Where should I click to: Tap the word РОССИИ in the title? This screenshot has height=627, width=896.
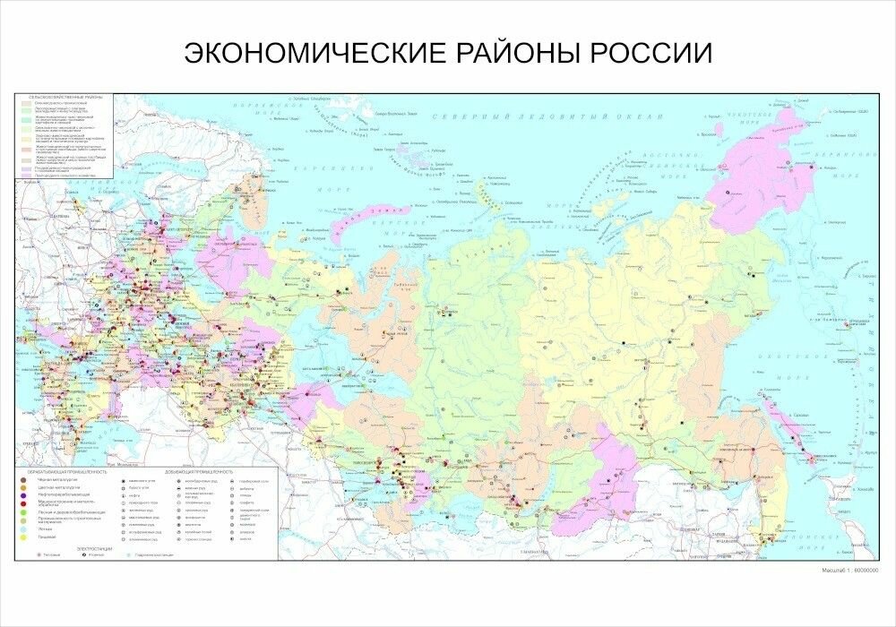click(650, 53)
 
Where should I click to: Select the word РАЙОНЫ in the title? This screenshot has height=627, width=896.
click(514, 53)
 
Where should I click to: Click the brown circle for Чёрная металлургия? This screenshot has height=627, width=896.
click(23, 480)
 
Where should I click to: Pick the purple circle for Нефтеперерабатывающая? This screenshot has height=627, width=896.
click(23, 495)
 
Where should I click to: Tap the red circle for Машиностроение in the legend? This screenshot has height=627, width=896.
click(23, 503)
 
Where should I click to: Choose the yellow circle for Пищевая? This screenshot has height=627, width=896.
click(23, 537)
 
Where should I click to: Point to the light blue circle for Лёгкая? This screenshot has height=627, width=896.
click(23, 528)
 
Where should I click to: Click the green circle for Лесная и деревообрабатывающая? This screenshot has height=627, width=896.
click(23, 511)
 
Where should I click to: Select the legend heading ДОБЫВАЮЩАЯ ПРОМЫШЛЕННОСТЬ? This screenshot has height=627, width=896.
click(198, 471)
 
